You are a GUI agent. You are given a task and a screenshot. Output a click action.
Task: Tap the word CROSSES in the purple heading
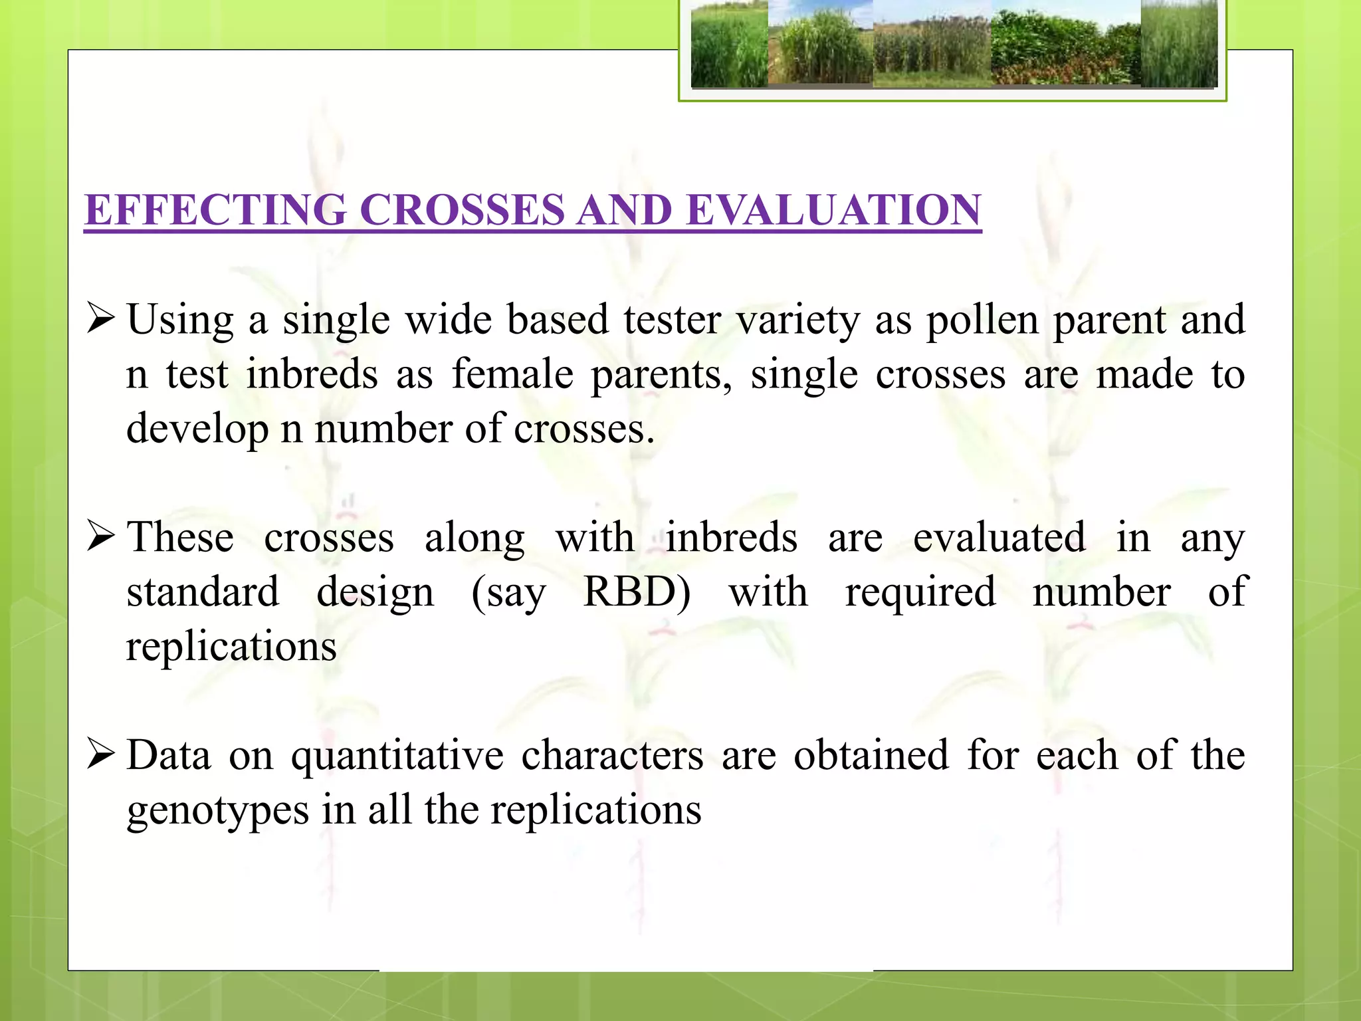tap(462, 210)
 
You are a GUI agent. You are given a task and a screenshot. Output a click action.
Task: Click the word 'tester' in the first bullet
tap(672, 320)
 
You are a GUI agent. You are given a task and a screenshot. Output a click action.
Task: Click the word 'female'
tap(512, 374)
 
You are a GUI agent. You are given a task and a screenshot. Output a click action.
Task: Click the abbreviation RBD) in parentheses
tap(637, 592)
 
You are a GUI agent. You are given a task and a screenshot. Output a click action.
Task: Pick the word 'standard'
tap(203, 592)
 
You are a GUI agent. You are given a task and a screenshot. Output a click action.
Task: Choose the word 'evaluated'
tap(999, 537)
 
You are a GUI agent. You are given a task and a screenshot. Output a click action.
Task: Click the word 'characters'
tap(611, 756)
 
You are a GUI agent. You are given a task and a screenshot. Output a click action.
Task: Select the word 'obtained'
tap(871, 756)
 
